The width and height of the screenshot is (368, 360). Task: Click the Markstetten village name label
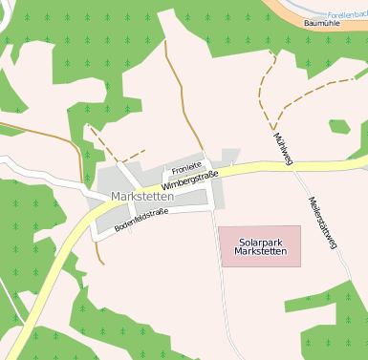coord(141,197)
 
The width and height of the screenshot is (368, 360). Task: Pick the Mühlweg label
coord(283,146)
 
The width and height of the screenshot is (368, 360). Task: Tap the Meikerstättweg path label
coord(323,223)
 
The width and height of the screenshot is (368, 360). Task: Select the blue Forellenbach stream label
coord(346,15)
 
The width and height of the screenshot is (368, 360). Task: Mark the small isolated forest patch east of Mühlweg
coord(339,126)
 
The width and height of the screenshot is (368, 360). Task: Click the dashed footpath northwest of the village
coord(100,143)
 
